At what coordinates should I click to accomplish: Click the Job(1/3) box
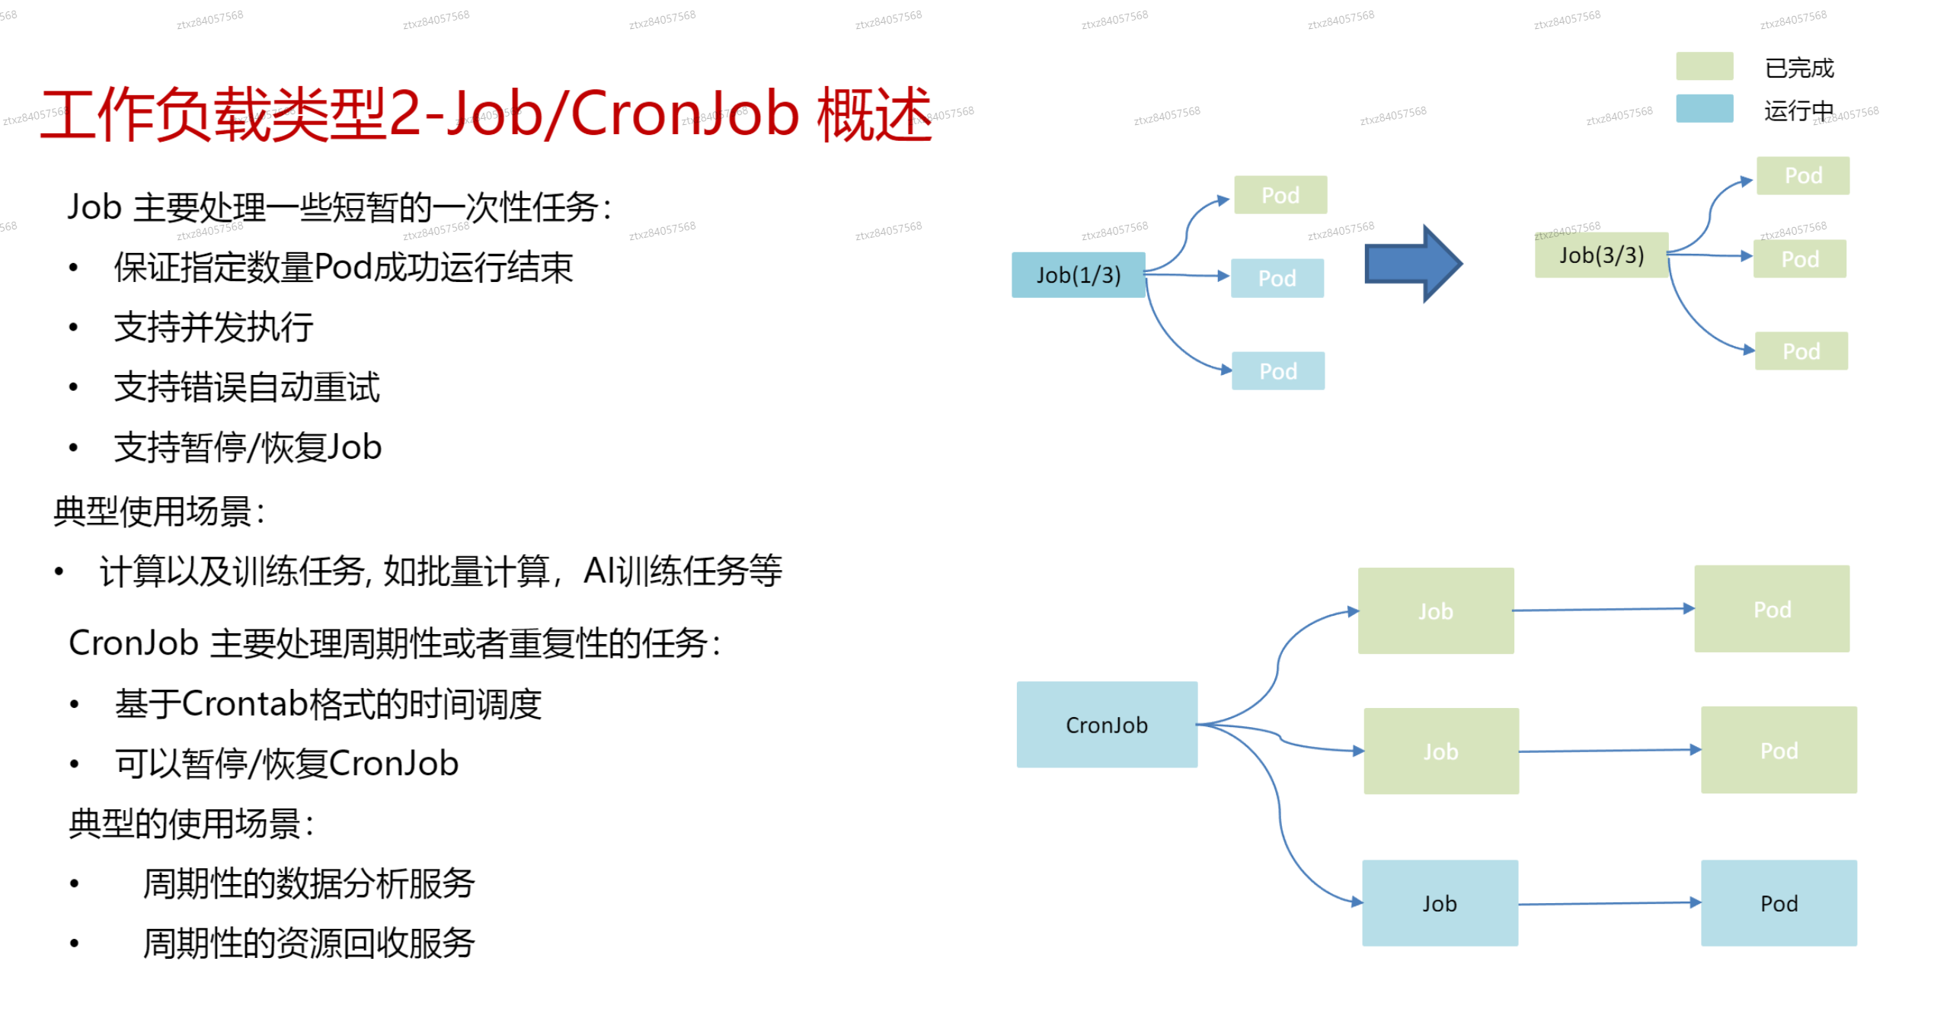[1077, 275]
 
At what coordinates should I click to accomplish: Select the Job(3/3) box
[1600, 255]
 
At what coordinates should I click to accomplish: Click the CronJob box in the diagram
[1106, 725]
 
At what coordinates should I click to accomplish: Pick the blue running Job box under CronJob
[1439, 903]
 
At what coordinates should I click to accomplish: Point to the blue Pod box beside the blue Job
[1778, 903]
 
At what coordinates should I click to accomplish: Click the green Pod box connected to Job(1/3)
[1280, 195]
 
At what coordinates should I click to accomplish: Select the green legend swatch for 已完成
[1704, 66]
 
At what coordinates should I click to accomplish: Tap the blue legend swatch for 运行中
[1704, 109]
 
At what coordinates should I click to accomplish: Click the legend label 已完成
[1798, 68]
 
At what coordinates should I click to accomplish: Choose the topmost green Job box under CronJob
[1435, 611]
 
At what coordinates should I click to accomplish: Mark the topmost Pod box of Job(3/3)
[1802, 176]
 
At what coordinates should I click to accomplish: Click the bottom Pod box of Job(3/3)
[1801, 351]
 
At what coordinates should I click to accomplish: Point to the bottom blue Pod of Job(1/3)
[1277, 371]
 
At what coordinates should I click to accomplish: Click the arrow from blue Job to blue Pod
[1607, 904]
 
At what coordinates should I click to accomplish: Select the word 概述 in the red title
[874, 114]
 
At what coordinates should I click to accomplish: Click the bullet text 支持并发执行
[213, 328]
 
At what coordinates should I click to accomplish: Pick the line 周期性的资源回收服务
[308, 944]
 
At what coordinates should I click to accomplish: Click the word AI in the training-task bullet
[599, 571]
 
